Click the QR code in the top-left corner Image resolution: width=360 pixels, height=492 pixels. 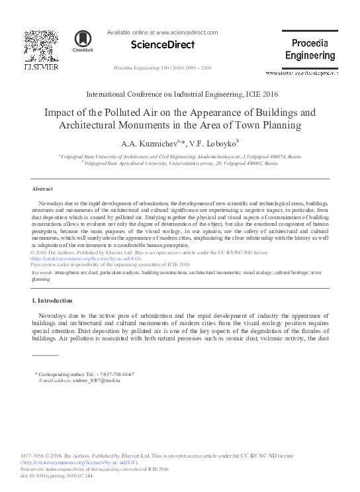click(x=41, y=45)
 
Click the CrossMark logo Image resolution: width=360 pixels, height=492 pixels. click(x=83, y=41)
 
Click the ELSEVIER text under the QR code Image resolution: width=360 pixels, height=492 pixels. click(x=41, y=67)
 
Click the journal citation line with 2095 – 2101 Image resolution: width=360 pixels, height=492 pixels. click(x=163, y=68)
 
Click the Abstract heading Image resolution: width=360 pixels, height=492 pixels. click(x=42, y=189)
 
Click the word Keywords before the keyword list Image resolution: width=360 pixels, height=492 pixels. click(x=43, y=272)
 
